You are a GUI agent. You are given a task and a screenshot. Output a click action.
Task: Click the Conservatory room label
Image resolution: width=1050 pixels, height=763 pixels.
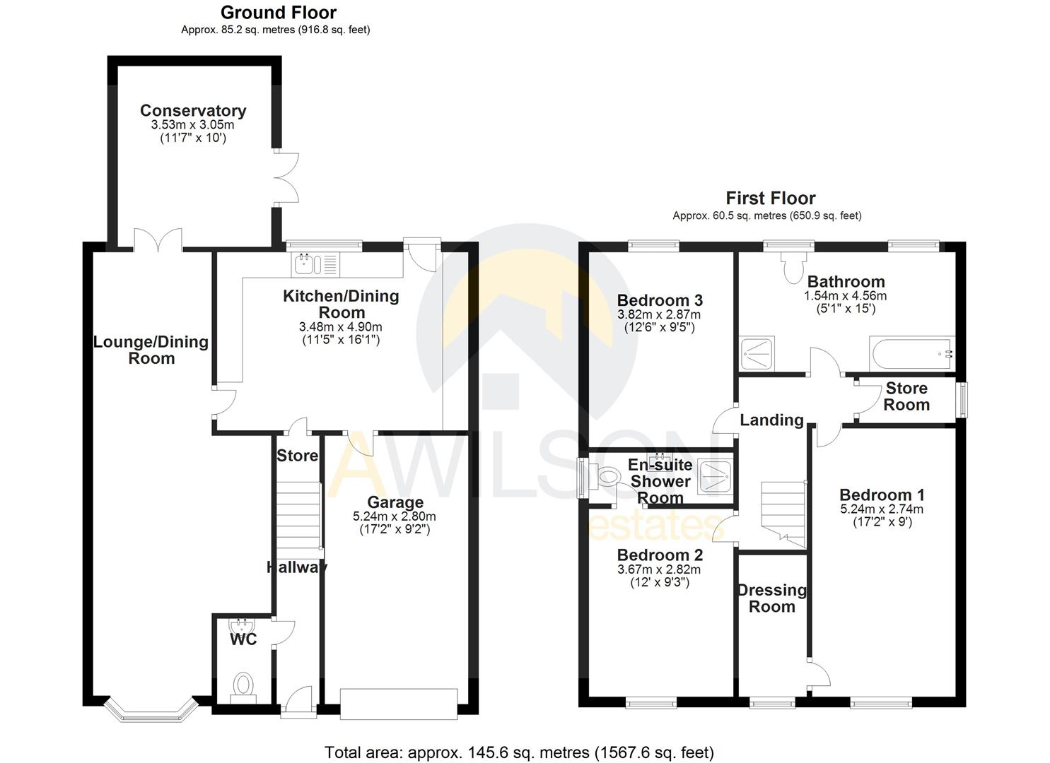(x=193, y=111)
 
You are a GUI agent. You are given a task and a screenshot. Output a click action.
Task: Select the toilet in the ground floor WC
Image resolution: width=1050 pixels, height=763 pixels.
(x=243, y=686)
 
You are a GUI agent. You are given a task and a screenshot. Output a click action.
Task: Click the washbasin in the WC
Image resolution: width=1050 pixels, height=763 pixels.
(x=242, y=627)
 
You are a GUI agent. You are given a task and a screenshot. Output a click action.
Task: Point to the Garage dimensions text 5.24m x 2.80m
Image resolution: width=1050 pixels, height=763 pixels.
(x=395, y=516)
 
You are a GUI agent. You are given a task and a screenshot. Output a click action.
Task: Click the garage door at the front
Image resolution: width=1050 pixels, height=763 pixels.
(x=398, y=704)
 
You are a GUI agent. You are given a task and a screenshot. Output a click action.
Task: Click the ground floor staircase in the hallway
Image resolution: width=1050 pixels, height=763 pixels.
(x=297, y=515)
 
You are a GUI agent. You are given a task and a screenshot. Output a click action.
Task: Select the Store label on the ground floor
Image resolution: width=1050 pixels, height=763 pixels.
(x=297, y=456)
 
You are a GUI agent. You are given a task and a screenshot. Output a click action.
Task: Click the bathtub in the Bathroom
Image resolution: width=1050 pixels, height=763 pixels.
(x=912, y=353)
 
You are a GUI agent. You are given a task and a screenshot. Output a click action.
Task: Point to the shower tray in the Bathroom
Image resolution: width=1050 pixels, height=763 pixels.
(x=757, y=353)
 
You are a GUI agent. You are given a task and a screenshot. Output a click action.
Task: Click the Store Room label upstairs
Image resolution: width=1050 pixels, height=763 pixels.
(x=906, y=396)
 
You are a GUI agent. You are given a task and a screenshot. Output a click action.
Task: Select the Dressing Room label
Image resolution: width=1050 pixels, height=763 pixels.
(x=771, y=598)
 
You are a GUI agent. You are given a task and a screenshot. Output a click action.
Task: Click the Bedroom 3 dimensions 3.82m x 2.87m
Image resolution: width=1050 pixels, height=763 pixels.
(x=659, y=314)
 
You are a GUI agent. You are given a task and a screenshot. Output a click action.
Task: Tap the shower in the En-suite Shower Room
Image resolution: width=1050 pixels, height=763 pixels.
(x=714, y=475)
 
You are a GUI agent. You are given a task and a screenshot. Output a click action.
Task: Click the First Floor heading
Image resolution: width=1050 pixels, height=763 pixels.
(x=770, y=199)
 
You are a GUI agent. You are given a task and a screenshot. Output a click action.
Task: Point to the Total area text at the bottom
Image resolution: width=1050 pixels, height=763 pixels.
(x=519, y=752)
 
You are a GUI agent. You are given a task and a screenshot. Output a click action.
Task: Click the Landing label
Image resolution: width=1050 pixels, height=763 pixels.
(x=771, y=420)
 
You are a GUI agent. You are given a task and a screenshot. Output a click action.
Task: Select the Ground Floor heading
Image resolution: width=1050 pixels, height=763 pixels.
(x=278, y=13)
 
